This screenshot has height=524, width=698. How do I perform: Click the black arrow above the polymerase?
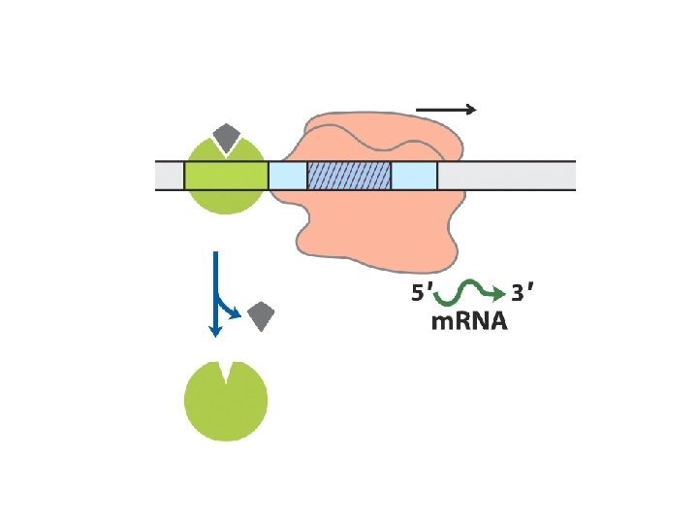tap(446, 110)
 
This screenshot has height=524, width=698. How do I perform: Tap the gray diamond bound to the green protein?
tap(227, 137)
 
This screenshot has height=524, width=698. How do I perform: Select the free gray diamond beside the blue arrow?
tap(262, 315)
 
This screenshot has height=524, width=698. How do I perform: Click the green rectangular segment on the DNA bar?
tap(225, 176)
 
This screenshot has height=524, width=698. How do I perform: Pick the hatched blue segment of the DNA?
tap(349, 176)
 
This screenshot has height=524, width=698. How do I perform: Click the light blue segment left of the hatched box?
tap(287, 176)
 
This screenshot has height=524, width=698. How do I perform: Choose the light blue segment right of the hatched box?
tap(414, 176)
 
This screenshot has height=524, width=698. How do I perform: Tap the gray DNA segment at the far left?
tap(170, 176)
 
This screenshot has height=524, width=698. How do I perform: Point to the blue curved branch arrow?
tap(228, 308)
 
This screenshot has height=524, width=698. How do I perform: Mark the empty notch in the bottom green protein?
tap(227, 370)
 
